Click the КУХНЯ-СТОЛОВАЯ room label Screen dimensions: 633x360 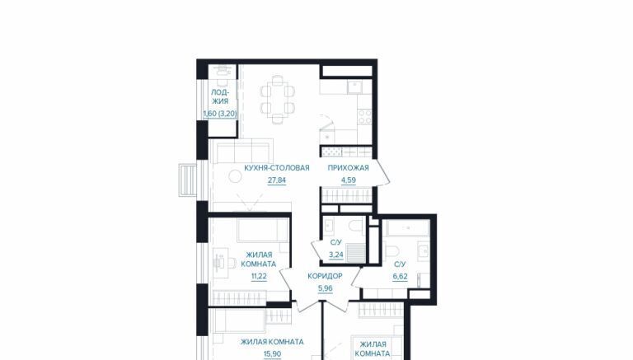click(277, 168)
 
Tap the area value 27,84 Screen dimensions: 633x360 click(277, 180)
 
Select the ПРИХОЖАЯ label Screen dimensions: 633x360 click(348, 168)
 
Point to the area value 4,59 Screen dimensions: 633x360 click(349, 180)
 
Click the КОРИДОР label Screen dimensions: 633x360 click(325, 276)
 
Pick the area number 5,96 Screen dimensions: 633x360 click(326, 288)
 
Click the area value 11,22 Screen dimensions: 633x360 click(259, 277)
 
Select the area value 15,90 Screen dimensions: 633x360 click(272, 354)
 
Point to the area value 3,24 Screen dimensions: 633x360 click(336, 255)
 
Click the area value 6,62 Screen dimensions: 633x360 click(400, 277)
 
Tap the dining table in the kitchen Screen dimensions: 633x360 click(277, 100)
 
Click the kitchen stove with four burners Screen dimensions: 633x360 click(365, 117)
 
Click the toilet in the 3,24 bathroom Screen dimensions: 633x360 click(357, 225)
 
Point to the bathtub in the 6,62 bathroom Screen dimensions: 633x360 click(407, 228)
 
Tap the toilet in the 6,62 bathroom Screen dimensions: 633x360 click(392, 250)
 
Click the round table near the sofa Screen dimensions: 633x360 click(234, 176)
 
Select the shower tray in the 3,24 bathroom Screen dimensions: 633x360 click(356, 253)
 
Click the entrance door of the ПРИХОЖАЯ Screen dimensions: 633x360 click(382, 173)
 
